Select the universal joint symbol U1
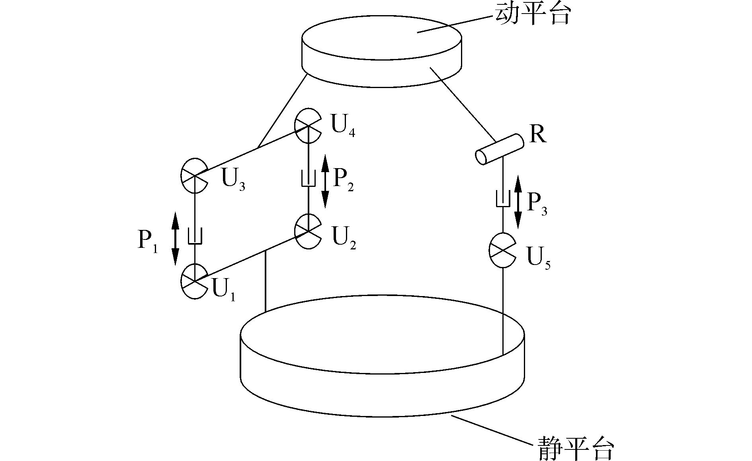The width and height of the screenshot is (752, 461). (x=194, y=281)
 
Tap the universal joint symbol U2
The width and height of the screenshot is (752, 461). (x=308, y=231)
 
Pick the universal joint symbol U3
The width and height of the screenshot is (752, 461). (x=194, y=176)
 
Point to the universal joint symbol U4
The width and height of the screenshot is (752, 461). (x=308, y=126)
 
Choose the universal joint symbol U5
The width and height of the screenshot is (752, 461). (x=502, y=250)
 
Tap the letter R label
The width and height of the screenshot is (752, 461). (x=538, y=134)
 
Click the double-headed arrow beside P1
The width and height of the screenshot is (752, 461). (x=175, y=239)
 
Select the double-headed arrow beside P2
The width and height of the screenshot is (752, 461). (x=325, y=181)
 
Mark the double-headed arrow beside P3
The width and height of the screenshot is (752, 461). (x=518, y=202)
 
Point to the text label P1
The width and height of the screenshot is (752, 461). (x=148, y=241)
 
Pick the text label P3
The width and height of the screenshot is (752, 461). (x=537, y=204)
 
